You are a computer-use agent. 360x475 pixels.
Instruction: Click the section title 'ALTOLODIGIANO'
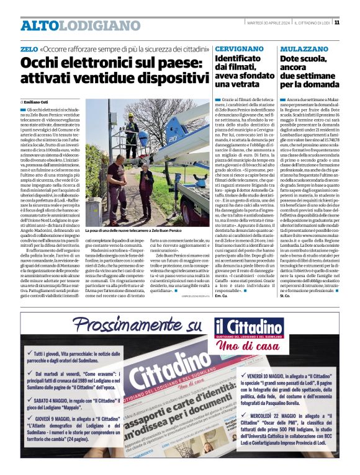pos(71,25)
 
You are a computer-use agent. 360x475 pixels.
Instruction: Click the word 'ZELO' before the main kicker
pos(29,48)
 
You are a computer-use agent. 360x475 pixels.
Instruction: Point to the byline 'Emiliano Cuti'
pos(38,101)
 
